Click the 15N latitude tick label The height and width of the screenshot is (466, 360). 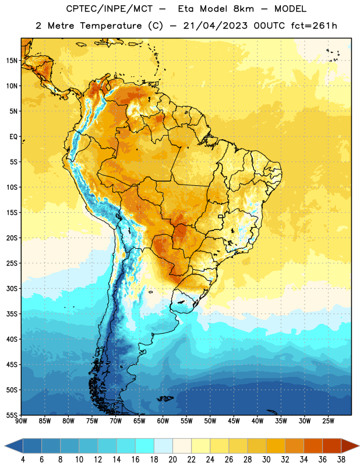click(12, 61)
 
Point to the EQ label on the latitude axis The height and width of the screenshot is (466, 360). click(13, 137)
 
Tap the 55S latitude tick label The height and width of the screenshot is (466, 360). click(12, 415)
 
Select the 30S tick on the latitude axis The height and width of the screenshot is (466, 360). click(12, 288)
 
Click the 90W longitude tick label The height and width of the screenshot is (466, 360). click(21, 421)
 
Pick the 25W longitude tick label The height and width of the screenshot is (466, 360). click(328, 421)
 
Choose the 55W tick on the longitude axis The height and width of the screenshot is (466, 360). click(186, 421)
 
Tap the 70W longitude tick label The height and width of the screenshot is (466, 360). click(116, 421)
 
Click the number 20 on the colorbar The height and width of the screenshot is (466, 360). click(172, 460)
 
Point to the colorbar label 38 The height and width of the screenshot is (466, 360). click(341, 460)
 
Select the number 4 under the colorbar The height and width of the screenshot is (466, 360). click(23, 460)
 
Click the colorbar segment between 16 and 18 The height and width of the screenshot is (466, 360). click(145, 446)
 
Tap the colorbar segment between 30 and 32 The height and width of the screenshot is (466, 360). click(276, 446)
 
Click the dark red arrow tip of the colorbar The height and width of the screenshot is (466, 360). click(351, 446)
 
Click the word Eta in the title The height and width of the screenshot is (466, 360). click(186, 9)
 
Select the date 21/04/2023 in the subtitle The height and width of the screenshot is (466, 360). click(215, 26)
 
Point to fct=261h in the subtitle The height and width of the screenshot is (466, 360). click(314, 26)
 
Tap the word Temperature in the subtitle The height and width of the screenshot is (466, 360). click(111, 26)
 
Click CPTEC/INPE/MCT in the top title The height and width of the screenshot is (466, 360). click(110, 9)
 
